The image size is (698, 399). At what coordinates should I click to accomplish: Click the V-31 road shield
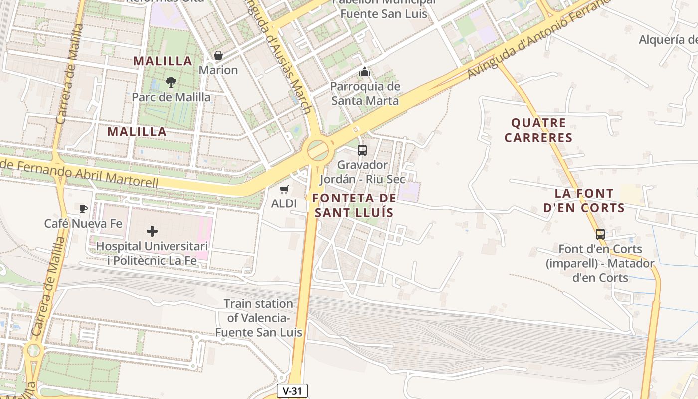click(292, 391)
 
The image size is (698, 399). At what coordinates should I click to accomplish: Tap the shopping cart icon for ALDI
click(284, 189)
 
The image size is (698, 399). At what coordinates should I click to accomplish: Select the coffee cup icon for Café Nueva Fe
click(83, 208)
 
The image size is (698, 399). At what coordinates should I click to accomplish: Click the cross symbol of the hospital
click(152, 231)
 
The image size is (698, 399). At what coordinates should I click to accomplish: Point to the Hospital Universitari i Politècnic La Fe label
click(152, 253)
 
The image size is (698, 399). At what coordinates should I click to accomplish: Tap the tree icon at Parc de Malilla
click(171, 82)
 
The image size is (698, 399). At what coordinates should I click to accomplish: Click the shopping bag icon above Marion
click(218, 55)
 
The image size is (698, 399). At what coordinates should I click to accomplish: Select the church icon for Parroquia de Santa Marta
click(365, 72)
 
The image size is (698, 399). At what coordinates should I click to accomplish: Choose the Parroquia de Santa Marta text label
click(365, 94)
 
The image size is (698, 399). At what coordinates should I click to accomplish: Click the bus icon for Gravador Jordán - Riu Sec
click(362, 150)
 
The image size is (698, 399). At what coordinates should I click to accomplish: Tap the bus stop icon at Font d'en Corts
click(600, 234)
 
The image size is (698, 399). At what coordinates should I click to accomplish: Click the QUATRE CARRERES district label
click(538, 130)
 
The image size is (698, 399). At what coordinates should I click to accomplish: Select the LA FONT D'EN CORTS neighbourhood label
click(584, 200)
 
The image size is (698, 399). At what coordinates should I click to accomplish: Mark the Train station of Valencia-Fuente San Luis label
click(258, 318)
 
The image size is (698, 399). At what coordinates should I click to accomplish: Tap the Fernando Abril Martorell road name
click(80, 173)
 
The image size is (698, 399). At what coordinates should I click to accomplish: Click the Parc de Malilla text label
click(171, 97)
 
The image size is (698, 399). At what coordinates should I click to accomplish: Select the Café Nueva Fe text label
click(83, 223)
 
